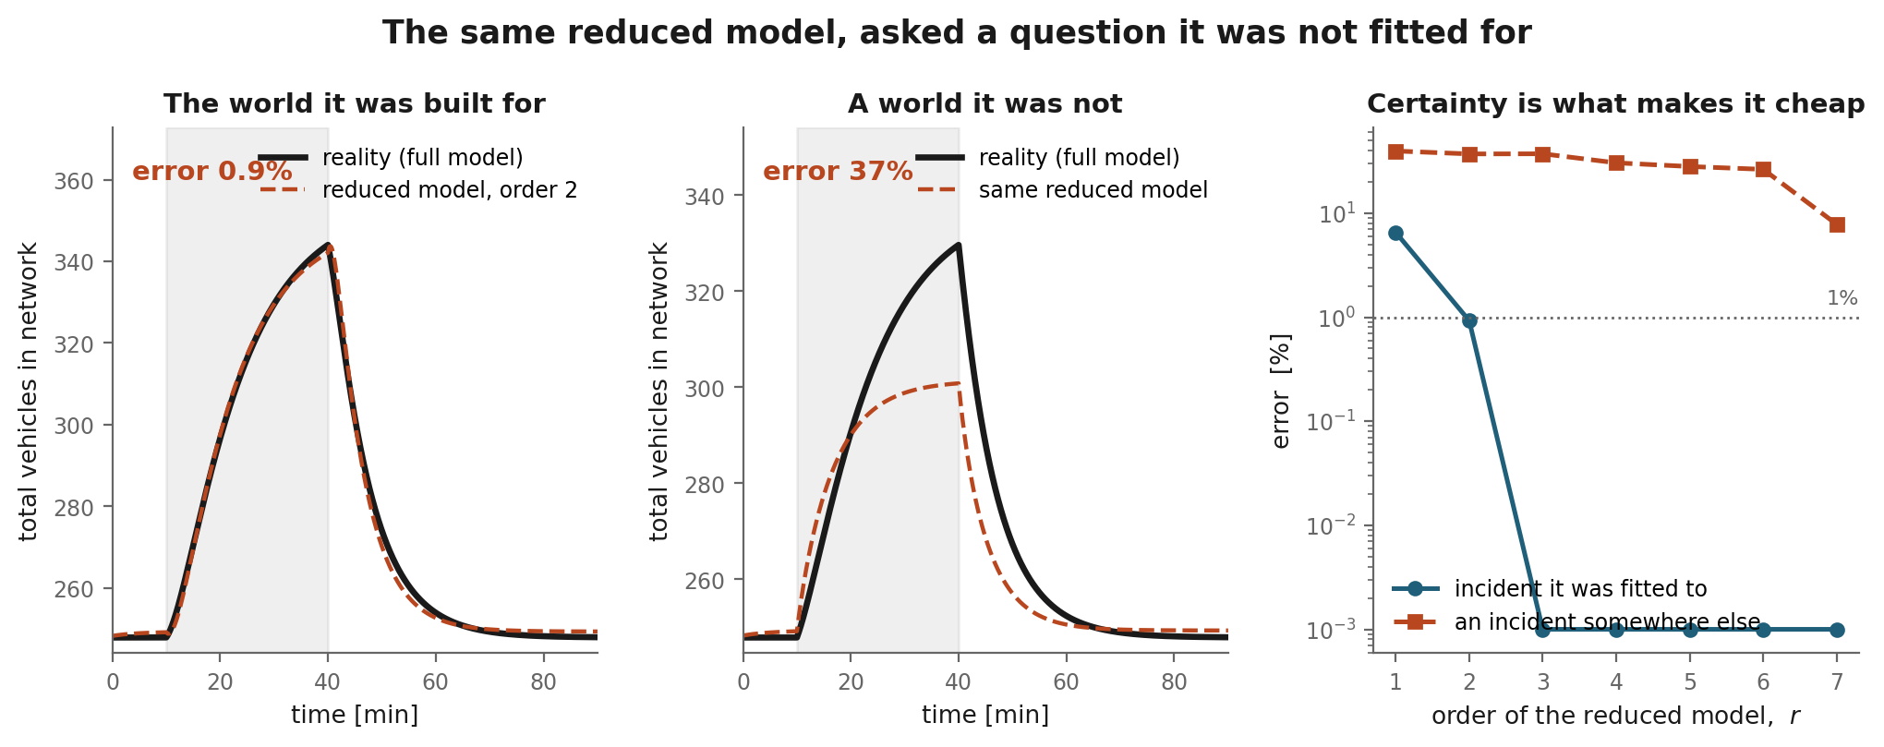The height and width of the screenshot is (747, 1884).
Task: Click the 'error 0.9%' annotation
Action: coord(212,172)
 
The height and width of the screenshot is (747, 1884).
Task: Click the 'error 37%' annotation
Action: coord(838,172)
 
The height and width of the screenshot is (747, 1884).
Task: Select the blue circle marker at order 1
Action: coord(1395,234)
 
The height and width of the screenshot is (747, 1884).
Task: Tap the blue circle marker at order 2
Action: coord(1469,320)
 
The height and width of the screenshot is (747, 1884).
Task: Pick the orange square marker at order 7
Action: coord(1837,224)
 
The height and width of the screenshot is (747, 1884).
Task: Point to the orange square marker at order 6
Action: coord(1763,169)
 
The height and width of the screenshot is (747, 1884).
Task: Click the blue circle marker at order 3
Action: coord(1542,630)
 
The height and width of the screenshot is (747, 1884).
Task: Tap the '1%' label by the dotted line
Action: coord(1842,298)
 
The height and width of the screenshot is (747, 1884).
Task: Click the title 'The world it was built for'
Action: coord(355,103)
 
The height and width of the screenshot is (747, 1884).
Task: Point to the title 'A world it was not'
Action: coord(985,103)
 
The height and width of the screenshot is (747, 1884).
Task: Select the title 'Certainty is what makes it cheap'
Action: coord(1616,103)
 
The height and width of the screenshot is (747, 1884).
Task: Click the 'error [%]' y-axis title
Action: coord(1281,391)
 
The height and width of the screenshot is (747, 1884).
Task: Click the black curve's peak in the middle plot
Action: coord(960,245)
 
